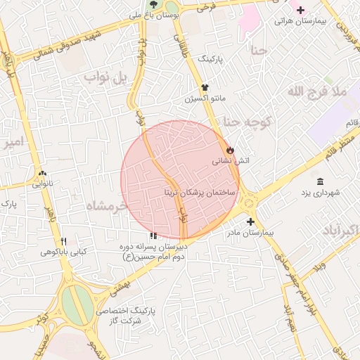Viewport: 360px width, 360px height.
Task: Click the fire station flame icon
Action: (230, 150)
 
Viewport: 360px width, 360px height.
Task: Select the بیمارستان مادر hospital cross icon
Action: (250, 221)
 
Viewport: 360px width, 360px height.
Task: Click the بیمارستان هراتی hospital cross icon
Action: (301, 10)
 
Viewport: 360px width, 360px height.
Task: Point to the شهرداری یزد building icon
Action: (320, 181)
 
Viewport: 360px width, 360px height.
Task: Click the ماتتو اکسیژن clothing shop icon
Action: (205, 88)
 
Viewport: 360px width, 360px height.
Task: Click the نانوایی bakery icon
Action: (42, 174)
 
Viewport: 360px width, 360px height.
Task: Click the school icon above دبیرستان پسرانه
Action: (153, 236)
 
